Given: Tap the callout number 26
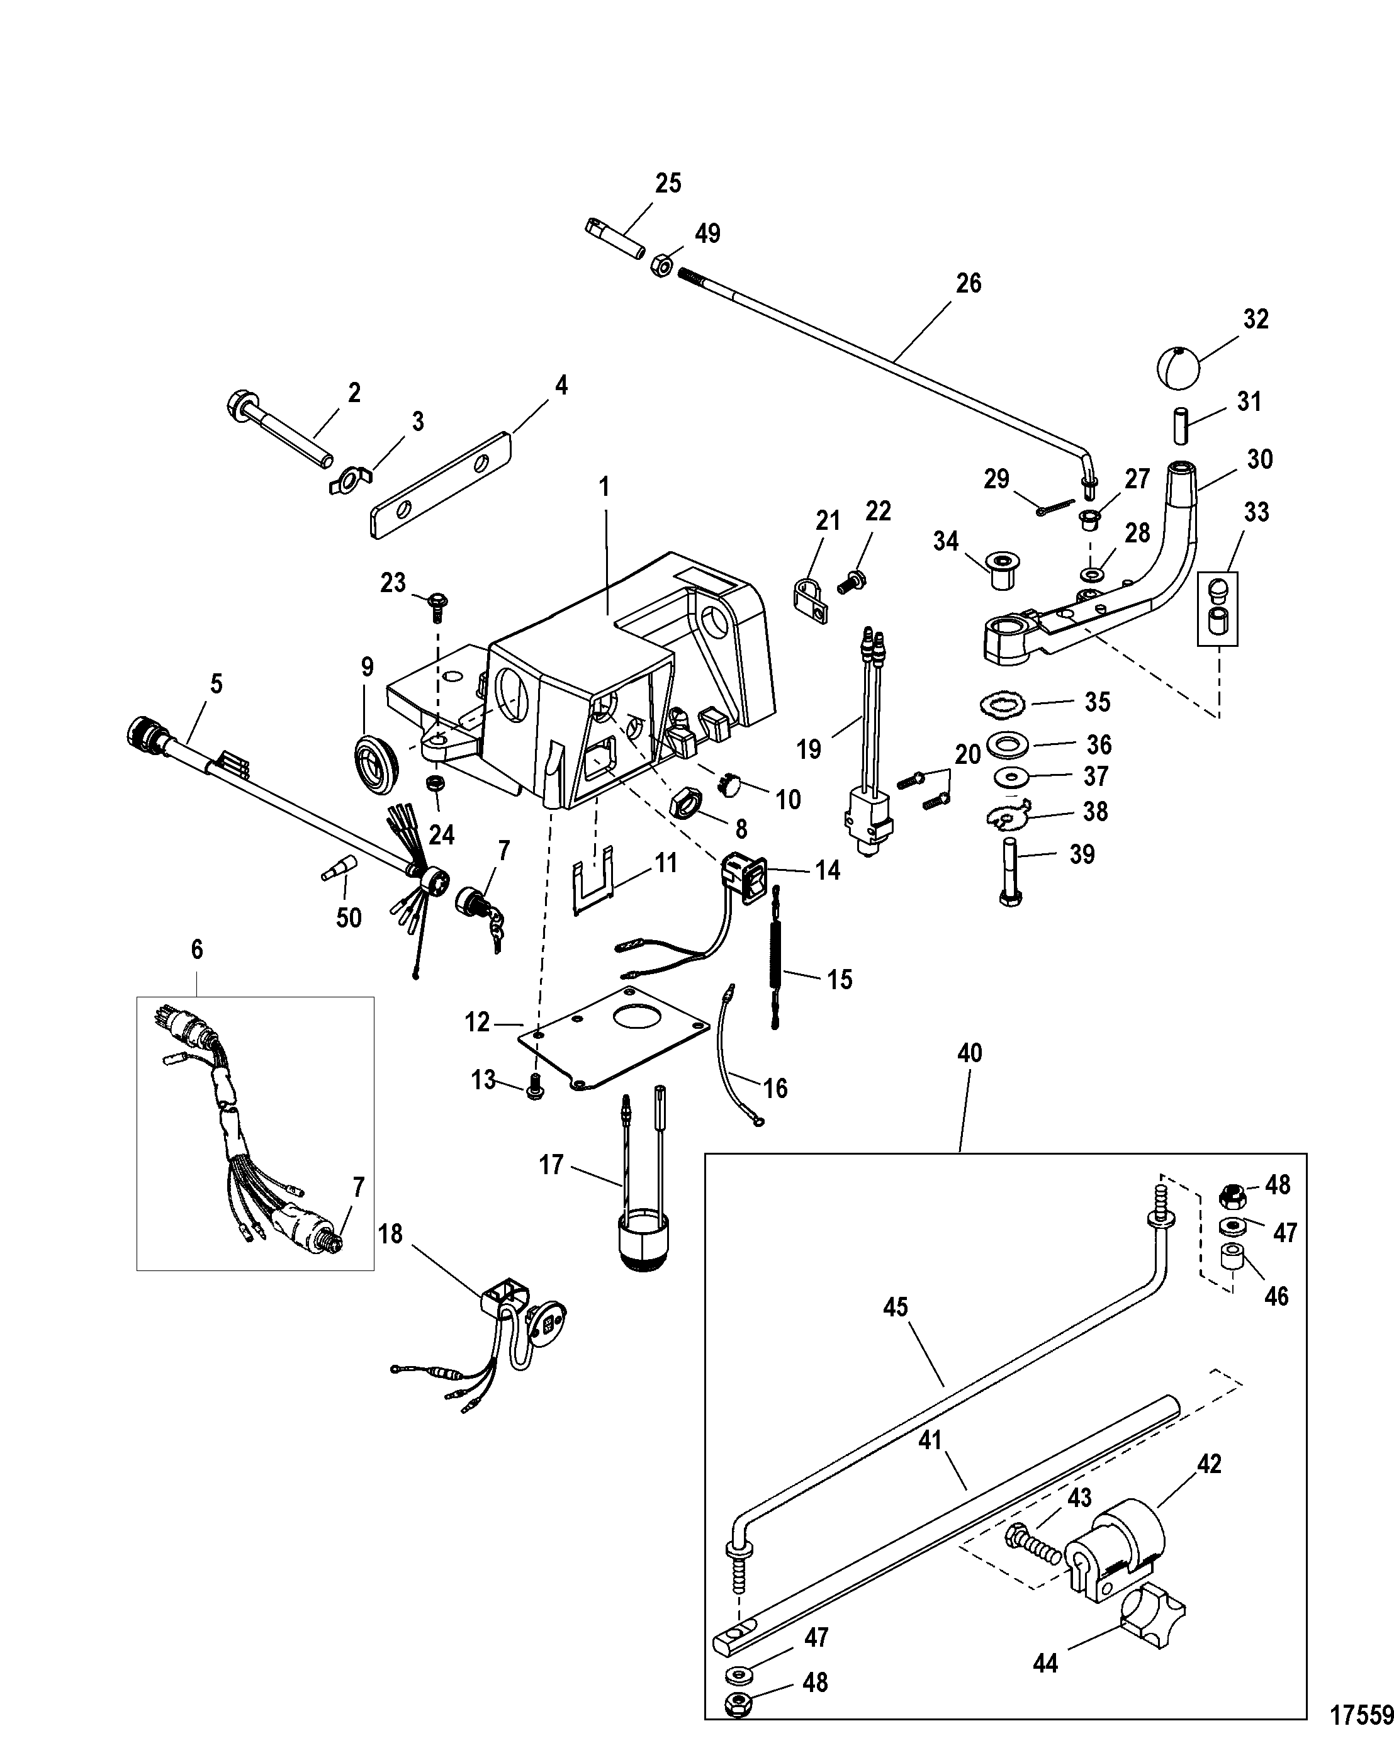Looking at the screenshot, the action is [x=968, y=283].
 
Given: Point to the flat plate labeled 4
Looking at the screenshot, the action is [x=442, y=483].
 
